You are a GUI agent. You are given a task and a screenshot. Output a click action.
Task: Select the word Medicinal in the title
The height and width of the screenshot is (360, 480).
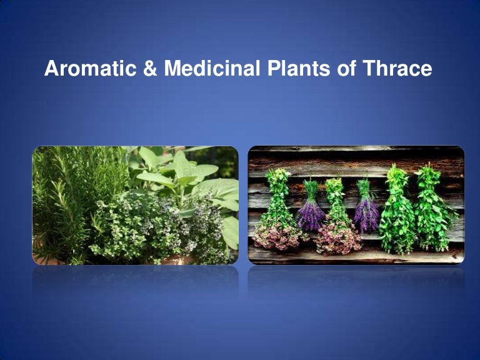click(x=211, y=69)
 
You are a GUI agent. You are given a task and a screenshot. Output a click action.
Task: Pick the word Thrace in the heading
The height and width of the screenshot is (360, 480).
click(x=394, y=69)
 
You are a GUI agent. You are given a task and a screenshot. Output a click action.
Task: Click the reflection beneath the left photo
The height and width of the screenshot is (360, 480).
click(x=135, y=281)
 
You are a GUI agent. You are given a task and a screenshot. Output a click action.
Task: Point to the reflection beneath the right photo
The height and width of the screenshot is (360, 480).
click(x=356, y=281)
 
